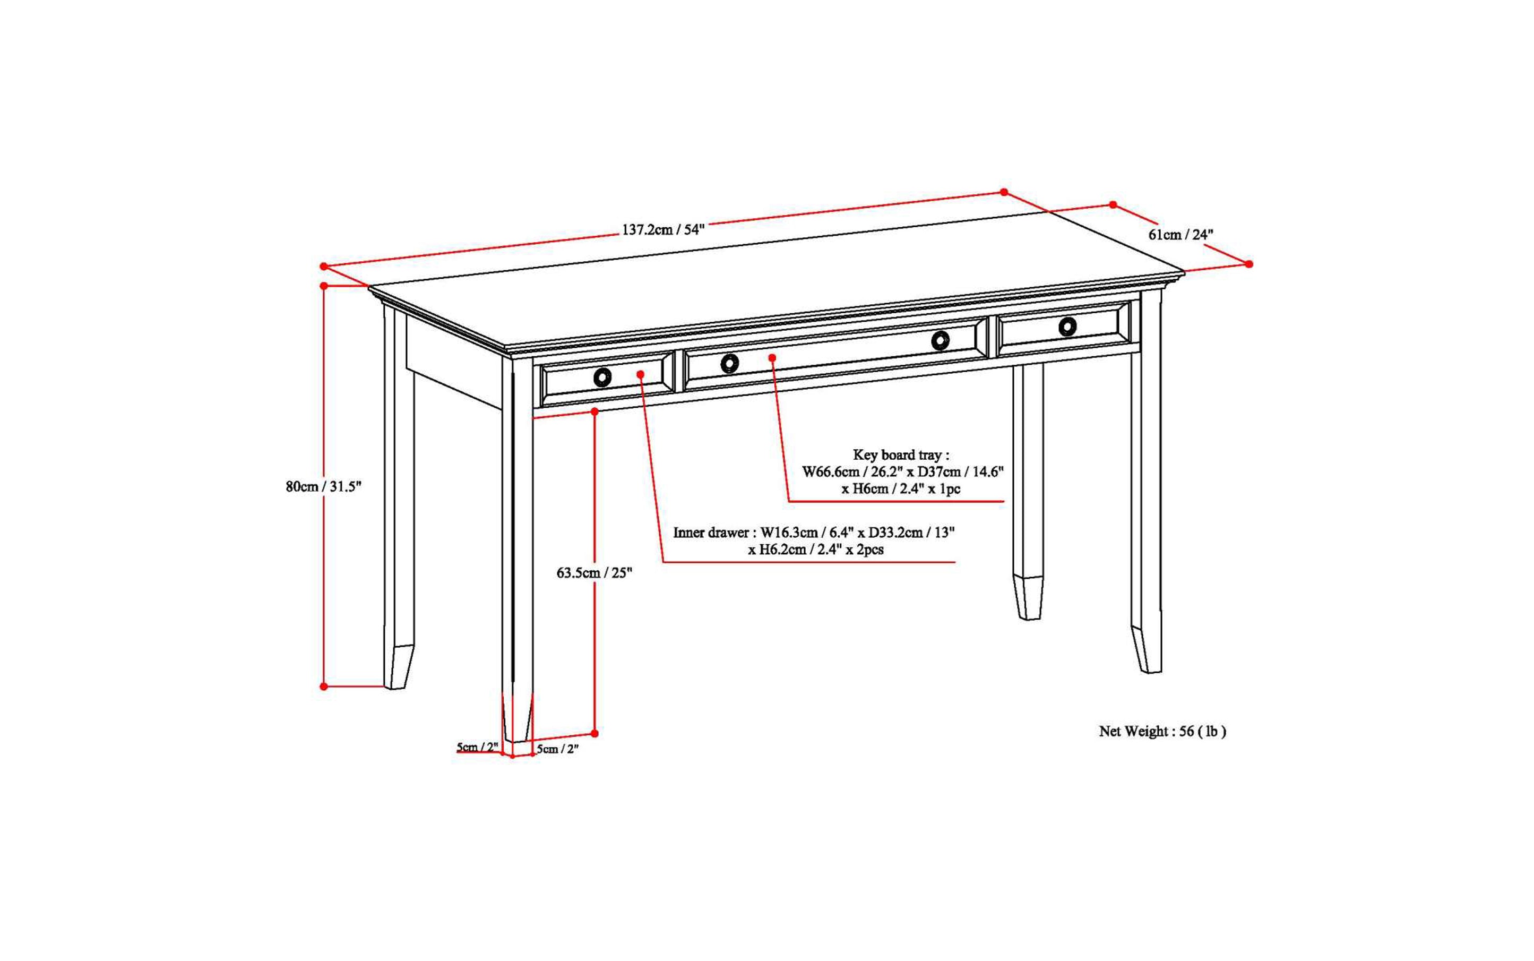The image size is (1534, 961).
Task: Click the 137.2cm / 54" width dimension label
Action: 663,229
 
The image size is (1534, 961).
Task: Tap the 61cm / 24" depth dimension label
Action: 1180,235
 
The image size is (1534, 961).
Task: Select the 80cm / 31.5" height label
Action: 323,487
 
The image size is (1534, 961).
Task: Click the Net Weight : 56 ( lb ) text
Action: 1162,732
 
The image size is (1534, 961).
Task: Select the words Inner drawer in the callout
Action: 710,533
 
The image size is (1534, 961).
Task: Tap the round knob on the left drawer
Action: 602,377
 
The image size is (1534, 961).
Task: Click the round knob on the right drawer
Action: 1067,327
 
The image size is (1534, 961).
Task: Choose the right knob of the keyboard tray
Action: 941,341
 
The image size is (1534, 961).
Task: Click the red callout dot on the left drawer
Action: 641,374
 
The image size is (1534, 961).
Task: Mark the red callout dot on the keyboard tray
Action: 773,358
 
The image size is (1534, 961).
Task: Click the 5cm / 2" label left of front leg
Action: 477,747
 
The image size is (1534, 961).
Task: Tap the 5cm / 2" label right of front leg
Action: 558,749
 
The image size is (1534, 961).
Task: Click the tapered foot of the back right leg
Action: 1029,597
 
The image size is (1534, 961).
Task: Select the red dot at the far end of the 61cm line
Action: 1248,264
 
